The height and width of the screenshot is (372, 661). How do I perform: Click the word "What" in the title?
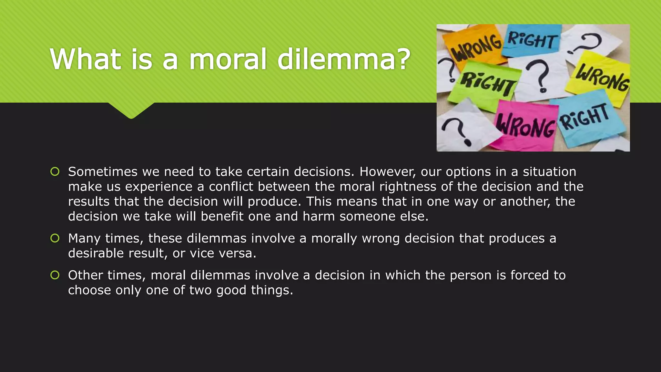[85, 59]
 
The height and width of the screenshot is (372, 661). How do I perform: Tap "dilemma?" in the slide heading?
[344, 59]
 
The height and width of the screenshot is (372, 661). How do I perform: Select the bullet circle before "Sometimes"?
[55, 171]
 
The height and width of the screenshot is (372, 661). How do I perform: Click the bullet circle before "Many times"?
[55, 238]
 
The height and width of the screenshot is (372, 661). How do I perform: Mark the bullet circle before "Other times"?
[55, 275]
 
